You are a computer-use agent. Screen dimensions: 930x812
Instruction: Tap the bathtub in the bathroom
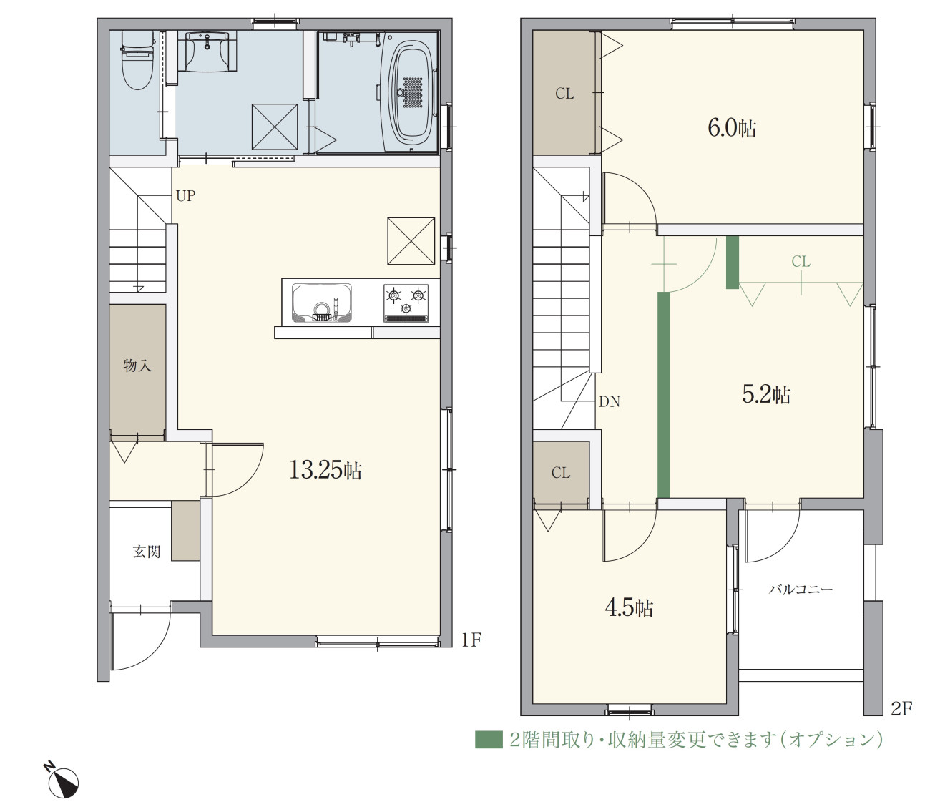(x=409, y=93)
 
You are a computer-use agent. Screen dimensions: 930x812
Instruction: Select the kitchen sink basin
(x=322, y=303)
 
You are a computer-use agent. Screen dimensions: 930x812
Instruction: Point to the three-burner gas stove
(x=406, y=303)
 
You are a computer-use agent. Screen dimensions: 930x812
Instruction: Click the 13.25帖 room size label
(x=325, y=470)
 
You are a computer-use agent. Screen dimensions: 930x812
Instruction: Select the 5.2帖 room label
(x=766, y=394)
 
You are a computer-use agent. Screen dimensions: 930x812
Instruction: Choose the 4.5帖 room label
(x=629, y=607)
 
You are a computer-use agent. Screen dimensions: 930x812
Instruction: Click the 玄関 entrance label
(x=147, y=552)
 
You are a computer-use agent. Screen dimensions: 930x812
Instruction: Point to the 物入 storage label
(x=137, y=366)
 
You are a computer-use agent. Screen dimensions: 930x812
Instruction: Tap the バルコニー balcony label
(x=801, y=590)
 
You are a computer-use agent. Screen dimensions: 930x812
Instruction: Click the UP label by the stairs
(x=185, y=196)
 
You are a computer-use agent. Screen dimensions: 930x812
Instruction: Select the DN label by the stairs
(x=609, y=401)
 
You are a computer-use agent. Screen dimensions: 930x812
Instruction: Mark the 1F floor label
(x=471, y=640)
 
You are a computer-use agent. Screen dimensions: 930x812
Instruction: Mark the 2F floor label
(x=901, y=709)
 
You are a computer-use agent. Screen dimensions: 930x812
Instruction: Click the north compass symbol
(x=64, y=781)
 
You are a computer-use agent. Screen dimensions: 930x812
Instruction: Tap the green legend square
(x=489, y=740)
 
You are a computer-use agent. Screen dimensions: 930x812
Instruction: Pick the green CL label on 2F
(x=801, y=262)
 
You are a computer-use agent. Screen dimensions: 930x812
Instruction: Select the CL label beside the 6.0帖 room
(x=564, y=94)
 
